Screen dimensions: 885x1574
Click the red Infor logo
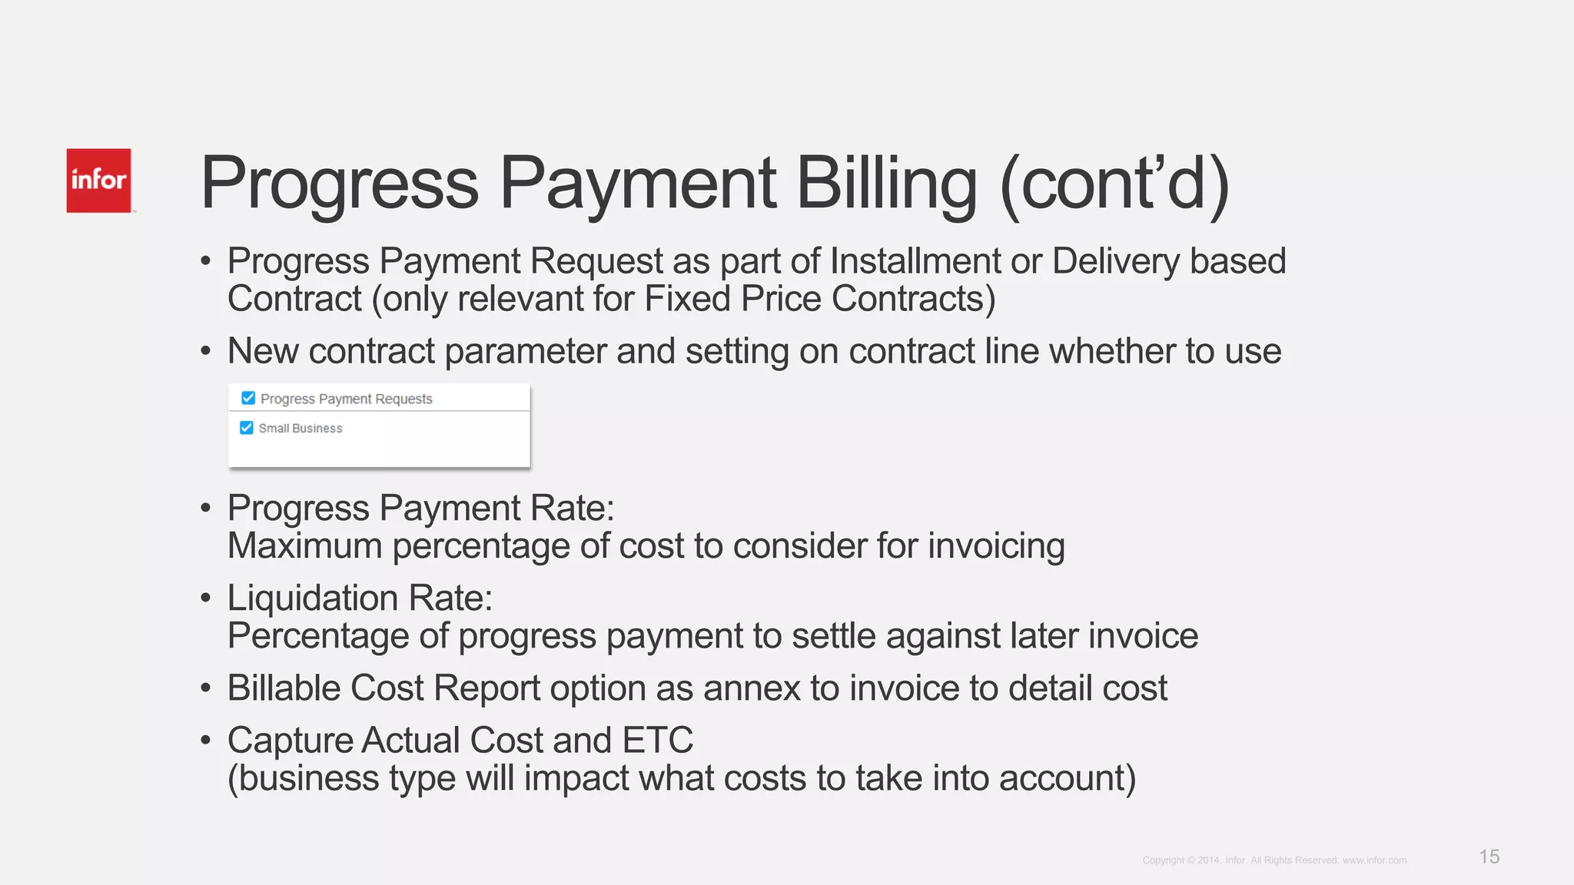98,181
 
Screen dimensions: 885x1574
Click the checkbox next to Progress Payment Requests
248,398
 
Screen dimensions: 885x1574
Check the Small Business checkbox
247,428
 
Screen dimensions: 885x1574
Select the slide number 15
1489,857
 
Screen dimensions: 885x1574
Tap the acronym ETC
658,741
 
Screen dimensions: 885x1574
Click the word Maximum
305,546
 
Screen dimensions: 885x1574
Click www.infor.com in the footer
1374,860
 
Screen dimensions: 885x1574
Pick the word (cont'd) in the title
1115,184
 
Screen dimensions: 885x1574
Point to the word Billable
284,688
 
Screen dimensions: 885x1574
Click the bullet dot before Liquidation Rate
205,598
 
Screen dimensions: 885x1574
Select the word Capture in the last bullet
290,741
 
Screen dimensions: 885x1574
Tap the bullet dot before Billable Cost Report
205,688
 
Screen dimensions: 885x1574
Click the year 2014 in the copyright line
1208,860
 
